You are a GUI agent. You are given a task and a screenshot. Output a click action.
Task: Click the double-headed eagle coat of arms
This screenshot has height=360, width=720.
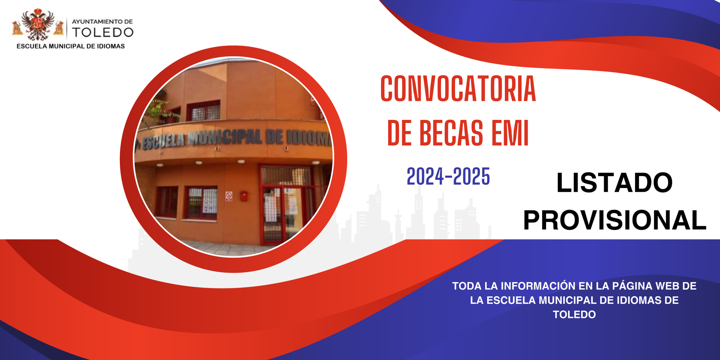[38, 24]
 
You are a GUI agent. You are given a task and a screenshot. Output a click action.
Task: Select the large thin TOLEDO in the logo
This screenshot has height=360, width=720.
[103, 33]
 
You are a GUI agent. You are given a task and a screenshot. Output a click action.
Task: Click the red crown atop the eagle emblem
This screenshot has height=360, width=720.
[37, 12]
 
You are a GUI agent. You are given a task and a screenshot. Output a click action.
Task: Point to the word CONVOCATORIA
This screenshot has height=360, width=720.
[458, 88]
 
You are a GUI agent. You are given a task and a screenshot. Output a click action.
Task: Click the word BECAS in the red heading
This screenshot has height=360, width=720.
[451, 133]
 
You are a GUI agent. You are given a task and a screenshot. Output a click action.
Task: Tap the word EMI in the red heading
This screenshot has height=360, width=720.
[510, 133]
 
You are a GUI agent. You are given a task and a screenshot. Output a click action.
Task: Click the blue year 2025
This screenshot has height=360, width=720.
[472, 176]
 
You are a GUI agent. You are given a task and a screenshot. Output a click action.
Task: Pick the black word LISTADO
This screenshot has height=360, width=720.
[615, 183]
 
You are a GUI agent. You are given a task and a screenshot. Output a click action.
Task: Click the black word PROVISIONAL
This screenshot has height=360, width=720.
[615, 220]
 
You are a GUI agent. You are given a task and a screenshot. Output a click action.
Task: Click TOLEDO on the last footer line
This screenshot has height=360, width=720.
[574, 314]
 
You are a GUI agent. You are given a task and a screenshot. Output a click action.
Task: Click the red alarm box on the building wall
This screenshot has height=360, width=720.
[244, 196]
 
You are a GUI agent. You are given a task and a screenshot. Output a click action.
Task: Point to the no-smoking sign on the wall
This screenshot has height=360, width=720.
[229, 196]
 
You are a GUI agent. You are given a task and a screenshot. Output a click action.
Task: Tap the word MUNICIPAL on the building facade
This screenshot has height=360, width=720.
[225, 138]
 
